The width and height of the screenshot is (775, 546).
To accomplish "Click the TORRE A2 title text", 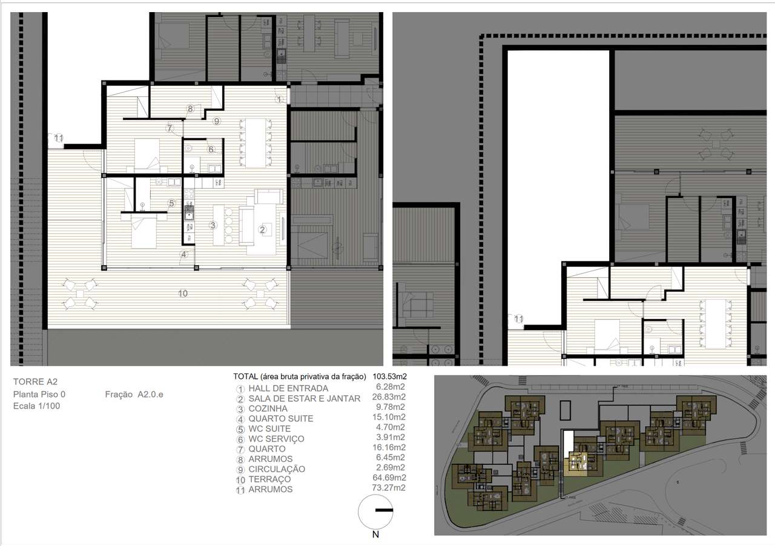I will (36, 382).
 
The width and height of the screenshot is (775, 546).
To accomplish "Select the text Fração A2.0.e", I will (134, 395).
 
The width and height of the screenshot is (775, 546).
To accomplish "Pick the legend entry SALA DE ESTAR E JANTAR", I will (304, 398).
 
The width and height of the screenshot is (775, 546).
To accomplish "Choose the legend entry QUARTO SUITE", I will (280, 419).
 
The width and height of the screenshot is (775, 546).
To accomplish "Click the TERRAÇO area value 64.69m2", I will (390, 478).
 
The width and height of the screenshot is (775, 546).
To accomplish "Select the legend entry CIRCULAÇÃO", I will (277, 469).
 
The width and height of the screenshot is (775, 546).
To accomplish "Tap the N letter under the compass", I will (376, 534).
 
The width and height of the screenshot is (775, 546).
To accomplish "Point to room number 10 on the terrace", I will (183, 294).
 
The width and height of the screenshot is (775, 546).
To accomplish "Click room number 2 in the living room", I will (262, 229).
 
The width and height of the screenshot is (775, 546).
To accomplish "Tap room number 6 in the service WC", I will (211, 150).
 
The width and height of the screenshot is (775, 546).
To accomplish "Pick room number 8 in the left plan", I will (190, 110).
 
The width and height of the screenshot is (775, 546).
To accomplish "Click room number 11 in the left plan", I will (59, 139).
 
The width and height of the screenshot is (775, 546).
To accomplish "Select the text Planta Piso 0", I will (39, 394).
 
